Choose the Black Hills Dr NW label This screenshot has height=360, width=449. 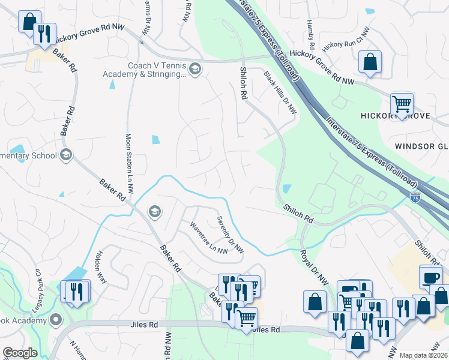coord(280,92)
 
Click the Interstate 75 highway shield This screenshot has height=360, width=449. coord(415,197)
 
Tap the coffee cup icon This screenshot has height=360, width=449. coord(431,278)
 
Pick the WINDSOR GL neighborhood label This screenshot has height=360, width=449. coord(421,146)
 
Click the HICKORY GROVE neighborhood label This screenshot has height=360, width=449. coord(395,115)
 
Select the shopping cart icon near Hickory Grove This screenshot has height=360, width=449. coord(402,103)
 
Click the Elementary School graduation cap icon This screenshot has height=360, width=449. coord(66,155)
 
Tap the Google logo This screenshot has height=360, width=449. coord(20,353)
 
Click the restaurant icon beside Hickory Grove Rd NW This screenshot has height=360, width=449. coord(44,34)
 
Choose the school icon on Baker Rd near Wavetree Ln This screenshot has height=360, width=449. coord(154,212)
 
